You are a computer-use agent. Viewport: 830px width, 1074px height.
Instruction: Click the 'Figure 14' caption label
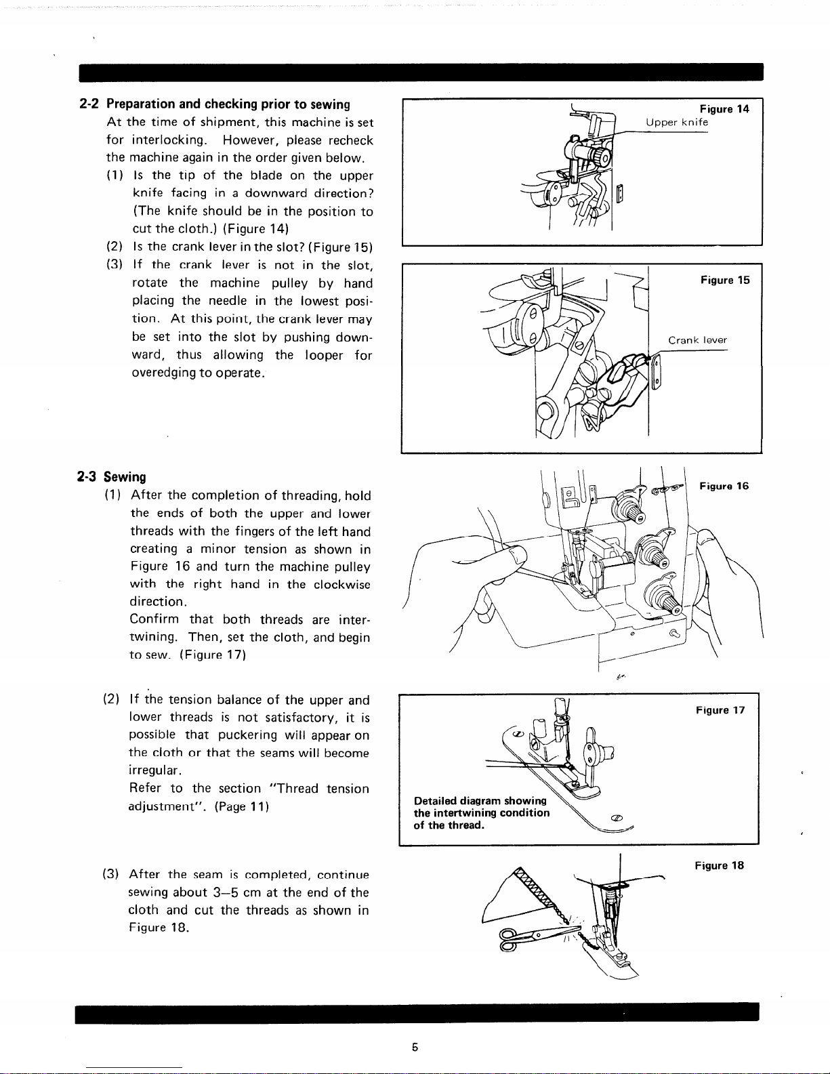[724, 109]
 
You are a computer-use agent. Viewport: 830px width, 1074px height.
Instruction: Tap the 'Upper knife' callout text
[676, 123]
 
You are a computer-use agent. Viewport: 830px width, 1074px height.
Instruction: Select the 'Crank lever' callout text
[697, 340]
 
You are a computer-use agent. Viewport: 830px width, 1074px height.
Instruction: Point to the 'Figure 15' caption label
[725, 281]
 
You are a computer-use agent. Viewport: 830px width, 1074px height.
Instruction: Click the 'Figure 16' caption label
[724, 486]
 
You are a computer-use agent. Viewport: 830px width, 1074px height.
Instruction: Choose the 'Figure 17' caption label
[720, 710]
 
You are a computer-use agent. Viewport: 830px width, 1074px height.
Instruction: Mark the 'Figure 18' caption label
[719, 865]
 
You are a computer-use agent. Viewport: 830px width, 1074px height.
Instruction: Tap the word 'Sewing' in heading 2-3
[125, 477]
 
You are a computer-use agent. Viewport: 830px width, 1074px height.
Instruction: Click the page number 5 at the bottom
[415, 1047]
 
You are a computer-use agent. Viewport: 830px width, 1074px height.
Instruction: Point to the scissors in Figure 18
[525, 938]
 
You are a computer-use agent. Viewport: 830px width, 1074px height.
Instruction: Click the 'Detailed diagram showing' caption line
[480, 801]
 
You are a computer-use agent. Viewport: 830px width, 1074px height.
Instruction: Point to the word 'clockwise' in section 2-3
[341, 584]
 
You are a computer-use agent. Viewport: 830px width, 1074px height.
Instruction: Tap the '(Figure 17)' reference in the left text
[212, 655]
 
